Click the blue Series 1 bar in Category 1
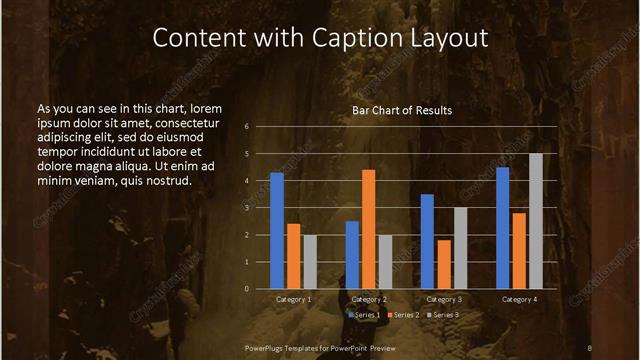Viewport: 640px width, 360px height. pyautogui.click(x=277, y=231)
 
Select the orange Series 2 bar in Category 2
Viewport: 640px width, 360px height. pyautogui.click(x=369, y=229)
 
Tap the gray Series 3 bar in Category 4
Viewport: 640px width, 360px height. pyautogui.click(x=536, y=221)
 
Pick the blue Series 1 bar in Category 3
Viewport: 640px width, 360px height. pyautogui.click(x=427, y=241)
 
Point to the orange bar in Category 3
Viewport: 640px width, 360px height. pyautogui.click(x=444, y=264)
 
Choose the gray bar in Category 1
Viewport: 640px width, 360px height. pyautogui.click(x=310, y=262)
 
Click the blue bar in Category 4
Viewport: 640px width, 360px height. pyautogui.click(x=502, y=228)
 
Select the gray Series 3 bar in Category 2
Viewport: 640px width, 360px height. pyautogui.click(x=386, y=262)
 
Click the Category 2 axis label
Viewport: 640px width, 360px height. pyautogui.click(x=369, y=299)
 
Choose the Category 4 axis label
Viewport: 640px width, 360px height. pyautogui.click(x=519, y=299)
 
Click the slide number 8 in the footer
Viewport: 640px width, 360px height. pyautogui.click(x=590, y=347)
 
